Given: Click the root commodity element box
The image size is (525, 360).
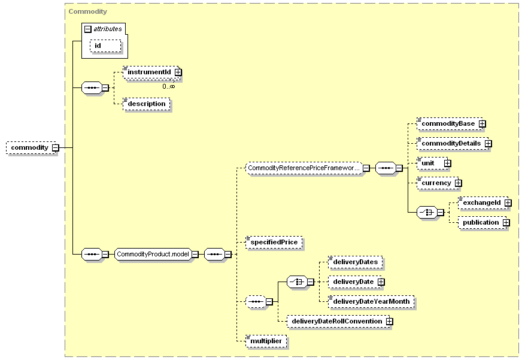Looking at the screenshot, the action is point(31,148).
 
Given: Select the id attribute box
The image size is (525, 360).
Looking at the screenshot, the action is point(105,46).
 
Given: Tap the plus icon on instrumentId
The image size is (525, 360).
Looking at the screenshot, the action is point(178,72).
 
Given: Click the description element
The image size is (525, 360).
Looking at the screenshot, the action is point(146,104).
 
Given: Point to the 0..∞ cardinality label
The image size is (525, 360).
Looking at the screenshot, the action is point(169,86).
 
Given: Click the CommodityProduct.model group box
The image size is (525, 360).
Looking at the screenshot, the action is point(153,254).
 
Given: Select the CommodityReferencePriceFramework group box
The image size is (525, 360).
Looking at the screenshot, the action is point(304,168).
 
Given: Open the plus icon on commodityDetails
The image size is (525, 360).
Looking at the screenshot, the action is point(488,143).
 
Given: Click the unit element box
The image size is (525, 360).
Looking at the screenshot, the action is point(432,163).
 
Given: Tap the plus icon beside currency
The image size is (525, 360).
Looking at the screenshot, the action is point(459,183).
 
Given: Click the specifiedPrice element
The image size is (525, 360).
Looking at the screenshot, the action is point(274,242).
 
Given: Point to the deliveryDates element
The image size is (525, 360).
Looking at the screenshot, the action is point(355,262).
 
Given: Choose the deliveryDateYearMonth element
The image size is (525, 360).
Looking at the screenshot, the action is point(371,301).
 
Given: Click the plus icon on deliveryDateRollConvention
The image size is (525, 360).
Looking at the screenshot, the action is point(389,321).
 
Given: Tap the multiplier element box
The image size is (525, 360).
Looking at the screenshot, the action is point(266,341).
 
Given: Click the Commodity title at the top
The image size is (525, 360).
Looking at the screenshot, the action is point(88,11).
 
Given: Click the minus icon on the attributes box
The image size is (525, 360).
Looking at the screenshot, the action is point(88,29).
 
